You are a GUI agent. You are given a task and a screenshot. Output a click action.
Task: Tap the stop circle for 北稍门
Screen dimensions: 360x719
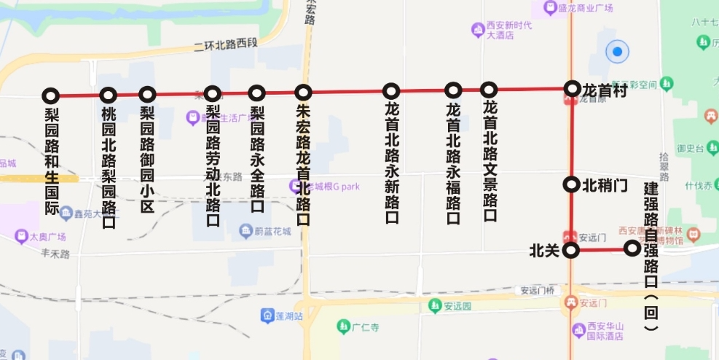572,184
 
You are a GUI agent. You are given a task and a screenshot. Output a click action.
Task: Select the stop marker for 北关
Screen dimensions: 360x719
572,251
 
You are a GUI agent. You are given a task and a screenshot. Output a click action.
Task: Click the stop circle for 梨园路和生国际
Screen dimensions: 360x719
50,95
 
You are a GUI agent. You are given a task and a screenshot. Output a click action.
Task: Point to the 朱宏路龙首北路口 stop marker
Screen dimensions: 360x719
303,93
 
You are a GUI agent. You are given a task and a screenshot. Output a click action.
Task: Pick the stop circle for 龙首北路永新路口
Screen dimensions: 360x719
391,91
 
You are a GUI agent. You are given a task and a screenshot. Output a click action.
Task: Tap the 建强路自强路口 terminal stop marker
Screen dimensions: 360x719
632,249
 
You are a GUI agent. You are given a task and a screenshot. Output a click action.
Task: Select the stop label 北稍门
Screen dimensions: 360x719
605,185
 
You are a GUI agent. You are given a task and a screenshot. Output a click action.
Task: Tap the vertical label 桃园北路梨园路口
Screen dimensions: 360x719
109,167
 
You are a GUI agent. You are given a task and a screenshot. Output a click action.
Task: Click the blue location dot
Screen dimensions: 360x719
618,52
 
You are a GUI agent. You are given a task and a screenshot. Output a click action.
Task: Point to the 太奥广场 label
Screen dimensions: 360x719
47,237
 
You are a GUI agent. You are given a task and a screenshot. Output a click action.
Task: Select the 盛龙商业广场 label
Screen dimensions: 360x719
585,9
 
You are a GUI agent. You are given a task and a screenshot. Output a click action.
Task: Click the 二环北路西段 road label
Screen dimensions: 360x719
226,44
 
